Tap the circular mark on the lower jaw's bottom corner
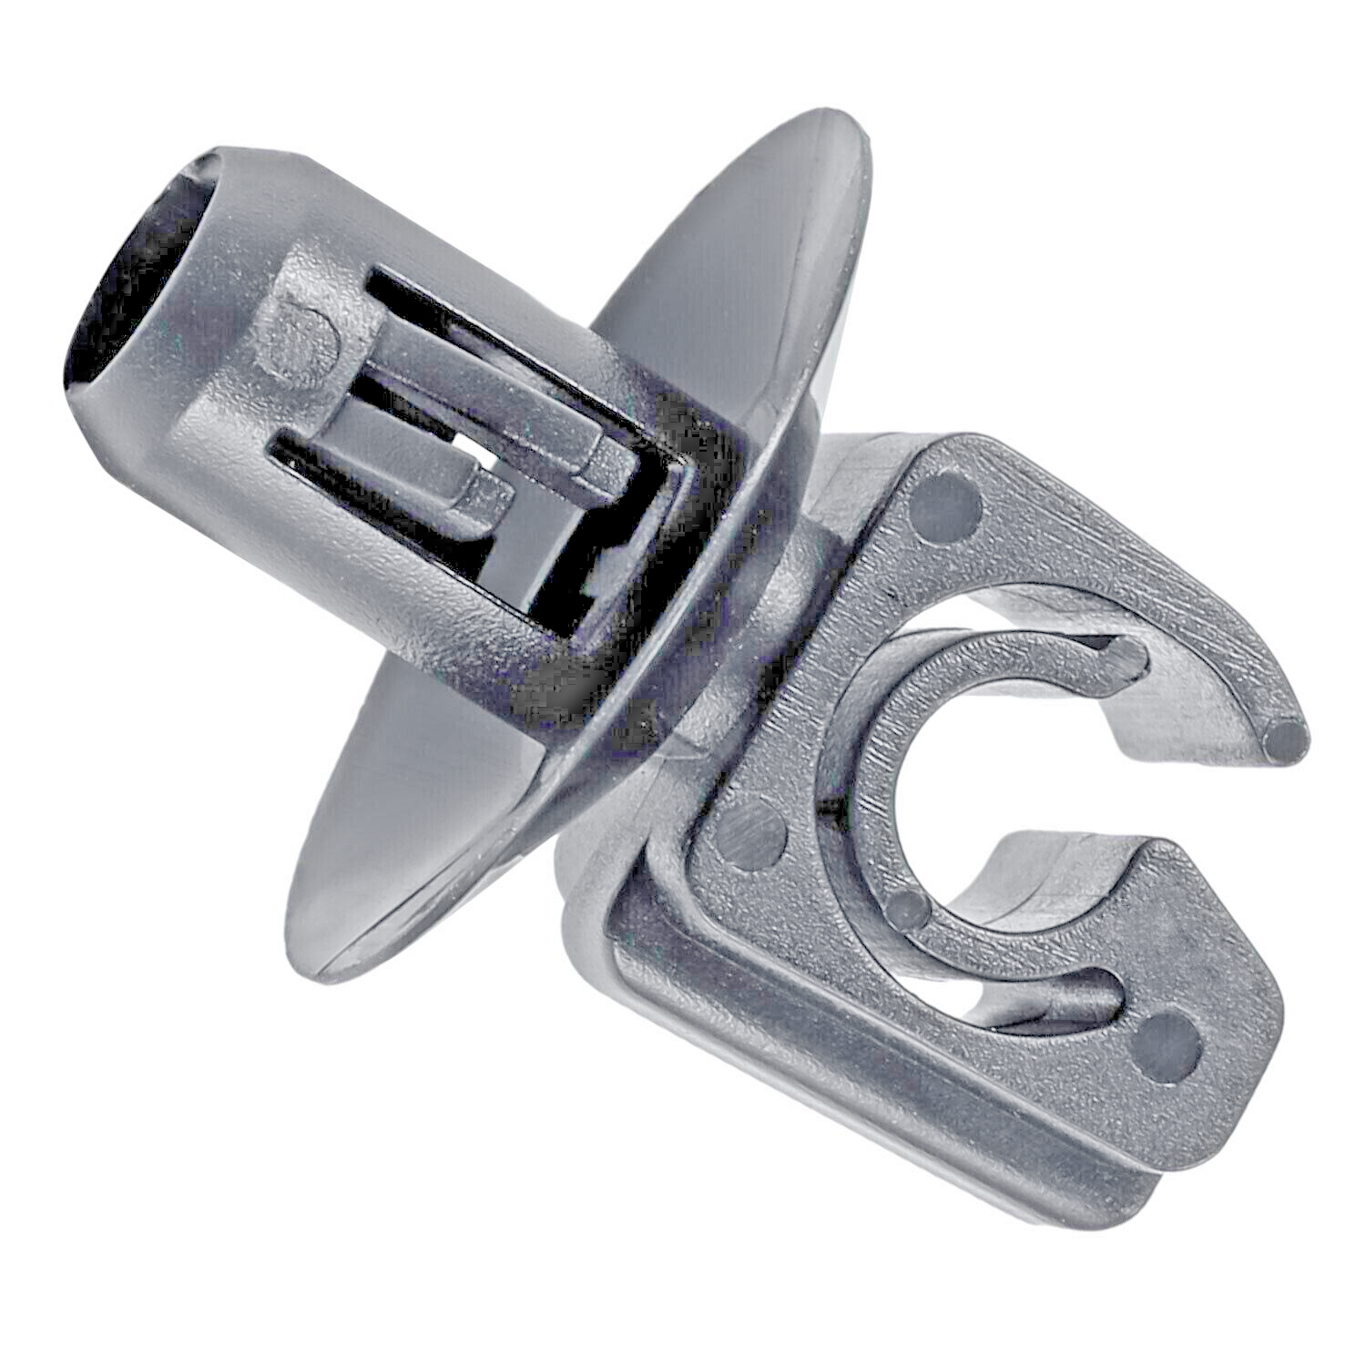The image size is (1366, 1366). (x=1169, y=1043)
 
